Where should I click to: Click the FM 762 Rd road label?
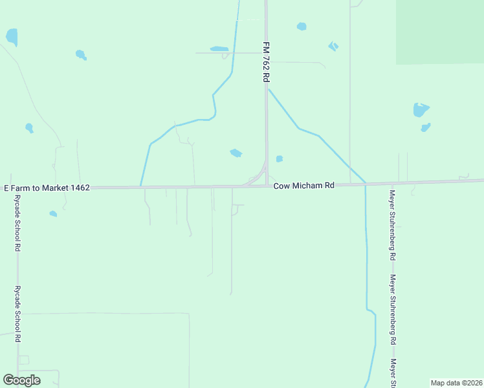(x=265, y=62)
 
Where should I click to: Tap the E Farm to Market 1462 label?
(x=47, y=188)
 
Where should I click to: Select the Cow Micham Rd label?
(x=303, y=186)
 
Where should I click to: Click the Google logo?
(x=21, y=380)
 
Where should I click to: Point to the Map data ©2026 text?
(x=456, y=383)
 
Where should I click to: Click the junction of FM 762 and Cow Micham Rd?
(x=267, y=186)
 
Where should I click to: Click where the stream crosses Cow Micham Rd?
(x=366, y=184)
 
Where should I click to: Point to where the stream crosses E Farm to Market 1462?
(x=140, y=188)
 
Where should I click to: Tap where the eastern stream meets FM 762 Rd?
(x=268, y=89)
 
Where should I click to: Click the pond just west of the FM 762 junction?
(x=236, y=153)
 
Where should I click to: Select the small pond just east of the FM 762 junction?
(x=280, y=158)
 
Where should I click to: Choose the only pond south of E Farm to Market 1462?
(x=53, y=213)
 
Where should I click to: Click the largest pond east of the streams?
(x=421, y=110)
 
